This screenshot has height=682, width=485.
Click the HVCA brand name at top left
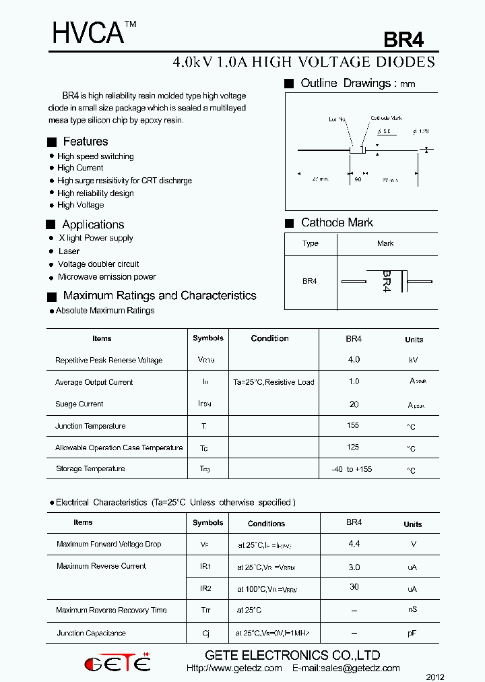[x=88, y=32]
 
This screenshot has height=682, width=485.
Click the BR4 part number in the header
[x=403, y=40]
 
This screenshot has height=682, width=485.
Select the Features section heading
[x=85, y=142]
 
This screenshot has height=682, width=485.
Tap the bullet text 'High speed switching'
[x=95, y=156]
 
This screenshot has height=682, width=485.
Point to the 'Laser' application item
[x=69, y=251]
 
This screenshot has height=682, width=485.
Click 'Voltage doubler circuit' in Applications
[x=98, y=264]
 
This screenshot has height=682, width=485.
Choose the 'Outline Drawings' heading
[x=346, y=84]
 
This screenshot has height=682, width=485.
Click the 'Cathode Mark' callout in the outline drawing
[x=386, y=119]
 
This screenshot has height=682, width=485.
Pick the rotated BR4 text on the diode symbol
[x=386, y=281]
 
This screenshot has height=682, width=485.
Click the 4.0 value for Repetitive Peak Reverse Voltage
[x=354, y=360]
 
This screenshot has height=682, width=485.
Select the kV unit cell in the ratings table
[x=414, y=361]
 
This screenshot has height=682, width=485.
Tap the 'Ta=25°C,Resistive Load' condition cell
[x=273, y=382]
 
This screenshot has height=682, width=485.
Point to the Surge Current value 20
[x=354, y=404]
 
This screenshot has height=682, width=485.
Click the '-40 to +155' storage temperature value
[x=352, y=469]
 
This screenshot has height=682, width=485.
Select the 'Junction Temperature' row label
[x=90, y=426]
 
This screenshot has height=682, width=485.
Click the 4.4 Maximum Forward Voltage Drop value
[x=354, y=543]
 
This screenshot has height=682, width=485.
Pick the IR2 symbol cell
[x=206, y=588]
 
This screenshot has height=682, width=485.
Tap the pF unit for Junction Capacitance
[x=412, y=633]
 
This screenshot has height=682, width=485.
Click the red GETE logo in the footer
[x=117, y=663]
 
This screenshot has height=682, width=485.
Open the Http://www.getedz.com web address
[x=234, y=669]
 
